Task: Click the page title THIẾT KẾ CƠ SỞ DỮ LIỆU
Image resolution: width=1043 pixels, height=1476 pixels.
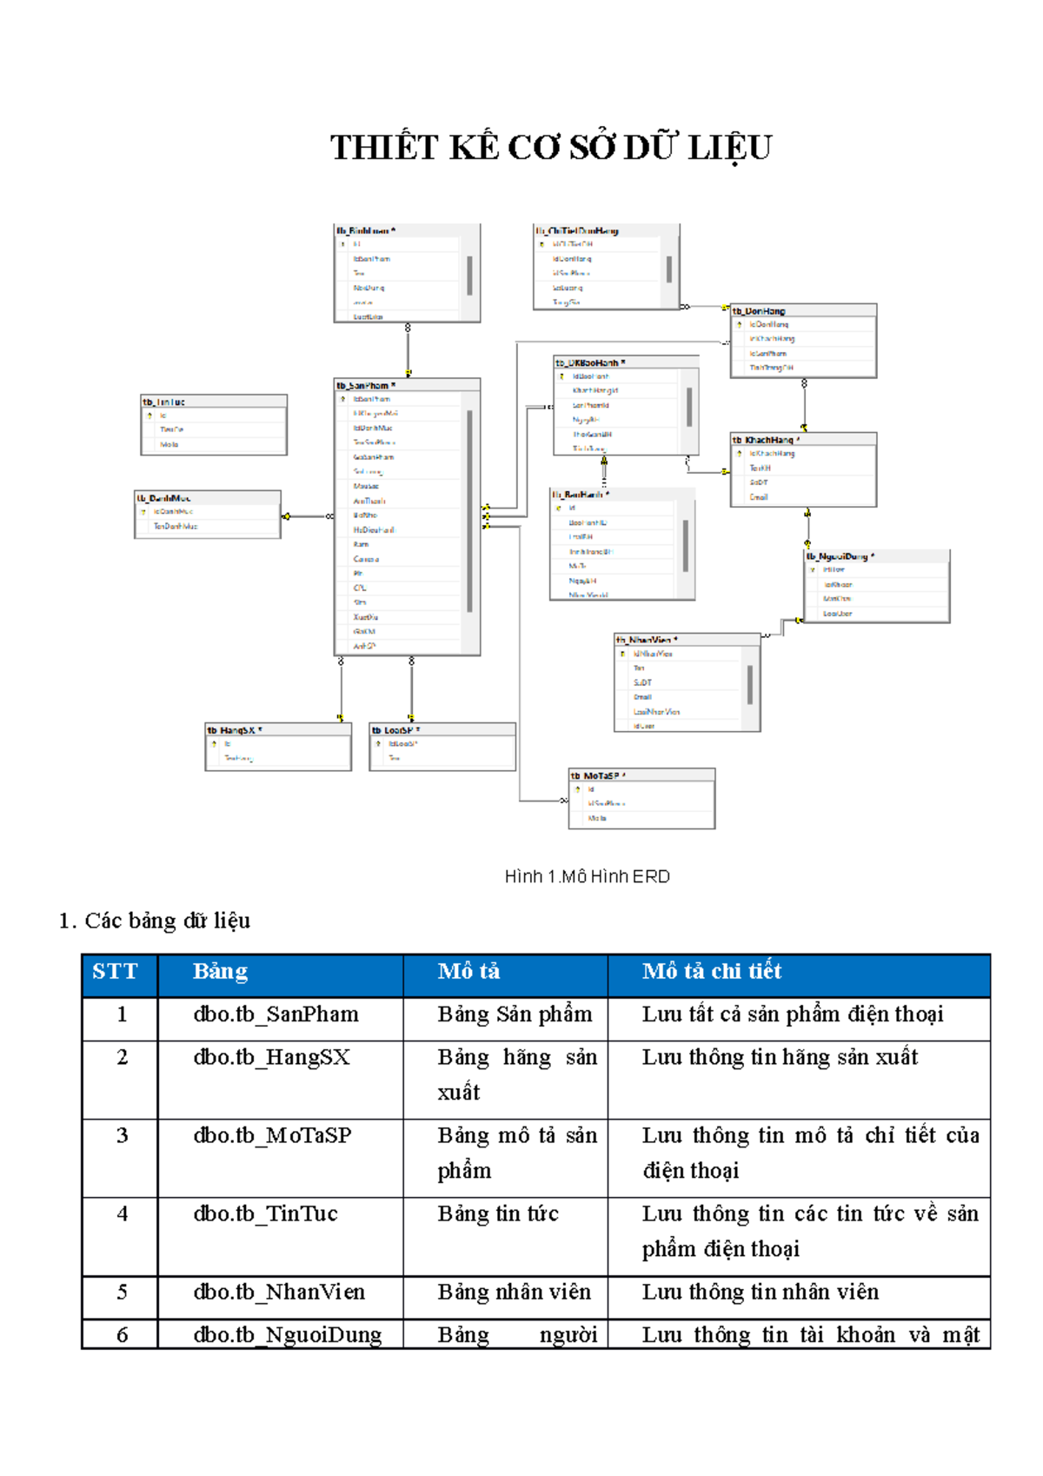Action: click(x=550, y=148)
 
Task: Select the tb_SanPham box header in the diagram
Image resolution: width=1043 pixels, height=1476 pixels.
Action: click(x=366, y=385)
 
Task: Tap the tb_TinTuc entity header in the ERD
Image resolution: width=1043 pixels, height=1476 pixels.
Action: click(x=164, y=402)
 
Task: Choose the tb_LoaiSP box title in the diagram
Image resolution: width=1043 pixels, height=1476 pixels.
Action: click(x=396, y=730)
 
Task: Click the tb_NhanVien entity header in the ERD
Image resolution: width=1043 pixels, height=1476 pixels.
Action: click(x=647, y=640)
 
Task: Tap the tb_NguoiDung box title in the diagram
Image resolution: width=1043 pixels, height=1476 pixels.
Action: click(x=840, y=556)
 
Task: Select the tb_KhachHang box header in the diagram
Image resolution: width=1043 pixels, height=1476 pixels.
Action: click(x=766, y=440)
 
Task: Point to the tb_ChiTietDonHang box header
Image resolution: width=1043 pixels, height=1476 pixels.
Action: click(x=577, y=230)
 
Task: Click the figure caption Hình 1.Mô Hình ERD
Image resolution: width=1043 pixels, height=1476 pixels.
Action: click(x=587, y=876)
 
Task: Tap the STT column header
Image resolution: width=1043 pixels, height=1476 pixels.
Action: click(x=115, y=972)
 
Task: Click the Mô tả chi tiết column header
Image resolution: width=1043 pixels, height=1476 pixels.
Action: click(x=712, y=972)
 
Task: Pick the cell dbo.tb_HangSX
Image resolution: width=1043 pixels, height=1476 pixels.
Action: click(x=271, y=1058)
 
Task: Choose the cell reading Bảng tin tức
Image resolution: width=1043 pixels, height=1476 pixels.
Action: click(x=498, y=1214)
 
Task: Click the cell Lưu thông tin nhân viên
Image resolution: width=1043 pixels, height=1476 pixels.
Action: click(x=761, y=1293)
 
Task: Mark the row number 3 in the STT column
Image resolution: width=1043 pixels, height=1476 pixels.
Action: click(x=122, y=1136)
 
